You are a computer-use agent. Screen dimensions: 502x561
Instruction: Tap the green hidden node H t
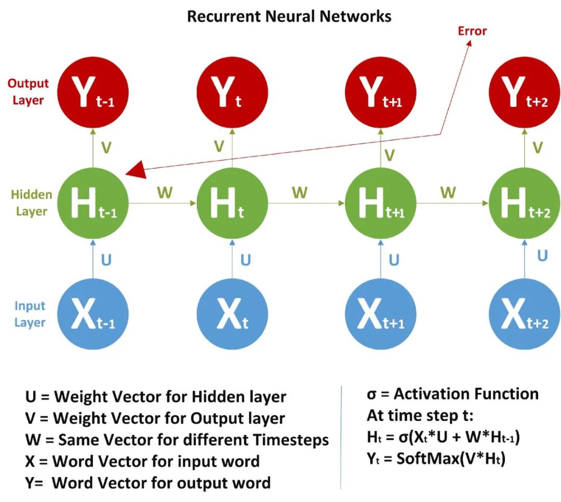[232, 205]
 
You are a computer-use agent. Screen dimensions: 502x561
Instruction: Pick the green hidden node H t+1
[380, 205]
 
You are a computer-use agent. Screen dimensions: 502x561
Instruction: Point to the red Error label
[472, 31]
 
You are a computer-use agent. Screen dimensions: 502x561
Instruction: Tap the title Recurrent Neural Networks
[289, 16]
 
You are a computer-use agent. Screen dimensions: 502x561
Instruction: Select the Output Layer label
[28, 92]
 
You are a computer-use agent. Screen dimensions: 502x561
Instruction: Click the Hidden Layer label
[32, 203]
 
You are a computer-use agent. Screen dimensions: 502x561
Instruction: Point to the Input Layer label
[30, 314]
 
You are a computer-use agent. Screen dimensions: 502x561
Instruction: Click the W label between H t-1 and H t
[165, 193]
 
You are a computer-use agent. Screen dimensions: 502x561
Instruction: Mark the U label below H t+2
[542, 255]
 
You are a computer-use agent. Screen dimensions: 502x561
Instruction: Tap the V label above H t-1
[106, 148]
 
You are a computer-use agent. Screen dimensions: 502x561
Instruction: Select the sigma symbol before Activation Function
[372, 395]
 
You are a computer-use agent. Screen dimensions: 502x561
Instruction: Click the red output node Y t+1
[380, 93]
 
